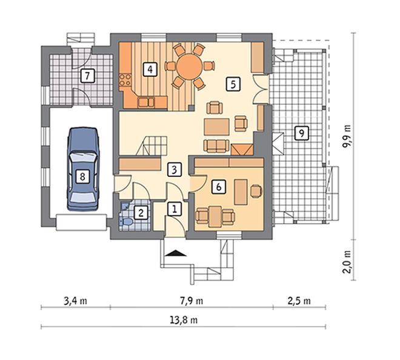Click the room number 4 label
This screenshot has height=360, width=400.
(x=150, y=69)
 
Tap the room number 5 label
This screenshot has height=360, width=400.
(x=233, y=84)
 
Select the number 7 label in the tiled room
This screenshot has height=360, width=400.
(x=87, y=76)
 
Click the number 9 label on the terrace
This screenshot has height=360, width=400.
(x=302, y=133)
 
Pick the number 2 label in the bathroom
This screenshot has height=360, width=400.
(x=141, y=213)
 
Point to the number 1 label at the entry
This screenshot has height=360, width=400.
(x=175, y=210)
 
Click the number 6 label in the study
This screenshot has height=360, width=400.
(x=218, y=187)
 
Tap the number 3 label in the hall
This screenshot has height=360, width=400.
(x=174, y=170)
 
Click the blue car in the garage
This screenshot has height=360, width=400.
(x=82, y=170)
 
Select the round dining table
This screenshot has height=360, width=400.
(x=190, y=66)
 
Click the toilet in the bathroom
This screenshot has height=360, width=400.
(x=126, y=221)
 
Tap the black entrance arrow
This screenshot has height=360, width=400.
(x=176, y=253)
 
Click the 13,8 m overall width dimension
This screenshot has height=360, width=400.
(x=184, y=320)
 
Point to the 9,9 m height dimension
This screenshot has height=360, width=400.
(x=347, y=136)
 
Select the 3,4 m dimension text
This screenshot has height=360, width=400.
(x=75, y=301)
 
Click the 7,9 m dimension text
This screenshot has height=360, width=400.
(x=192, y=301)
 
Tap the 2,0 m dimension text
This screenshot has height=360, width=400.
(x=347, y=262)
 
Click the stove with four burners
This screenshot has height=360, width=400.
(x=125, y=79)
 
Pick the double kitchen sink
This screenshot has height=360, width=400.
(x=146, y=102)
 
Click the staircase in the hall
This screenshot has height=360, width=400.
(x=152, y=145)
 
